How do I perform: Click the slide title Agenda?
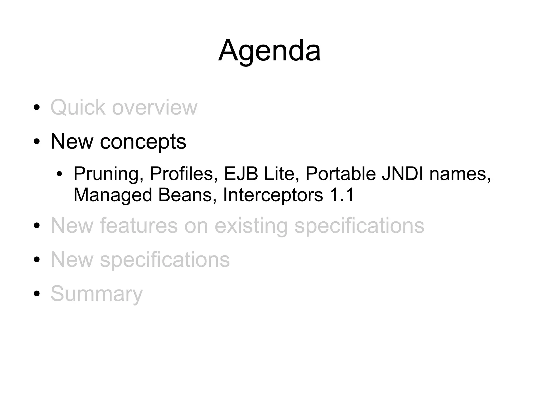coord(269,51)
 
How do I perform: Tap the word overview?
coord(155,108)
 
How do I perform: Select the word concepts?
coord(143,142)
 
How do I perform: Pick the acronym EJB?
coord(241,174)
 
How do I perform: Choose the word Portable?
coord(340,174)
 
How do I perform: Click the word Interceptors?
coord(273,195)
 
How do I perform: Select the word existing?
coord(251,226)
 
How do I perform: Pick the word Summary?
coord(97,294)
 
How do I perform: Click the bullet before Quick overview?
coord(37,108)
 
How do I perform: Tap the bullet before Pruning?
coord(59,174)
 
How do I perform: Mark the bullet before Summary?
coord(37,294)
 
